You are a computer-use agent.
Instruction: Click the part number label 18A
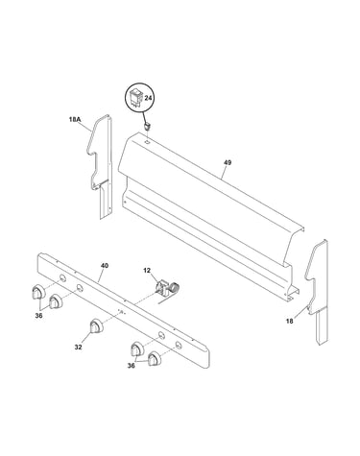click(x=75, y=120)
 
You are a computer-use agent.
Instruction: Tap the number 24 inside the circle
click(x=148, y=98)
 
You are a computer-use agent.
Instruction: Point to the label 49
click(x=228, y=162)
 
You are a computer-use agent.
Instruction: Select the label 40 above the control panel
click(x=105, y=266)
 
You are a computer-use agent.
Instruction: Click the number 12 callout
click(x=147, y=271)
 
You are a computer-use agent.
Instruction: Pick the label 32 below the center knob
click(x=78, y=347)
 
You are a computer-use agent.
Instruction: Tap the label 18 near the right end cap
click(x=289, y=321)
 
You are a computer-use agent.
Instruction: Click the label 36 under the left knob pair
click(x=38, y=316)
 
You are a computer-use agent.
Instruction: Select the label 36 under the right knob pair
click(x=131, y=366)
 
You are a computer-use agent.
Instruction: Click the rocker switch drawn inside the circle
click(x=135, y=97)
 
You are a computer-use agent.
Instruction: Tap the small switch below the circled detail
click(x=148, y=127)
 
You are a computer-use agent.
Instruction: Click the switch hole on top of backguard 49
click(x=147, y=140)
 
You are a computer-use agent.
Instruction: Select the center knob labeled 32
click(x=96, y=326)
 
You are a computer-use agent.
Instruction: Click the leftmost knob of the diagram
click(x=38, y=291)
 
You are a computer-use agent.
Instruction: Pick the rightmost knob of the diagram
click(x=155, y=358)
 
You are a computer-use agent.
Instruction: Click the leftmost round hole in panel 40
click(x=63, y=278)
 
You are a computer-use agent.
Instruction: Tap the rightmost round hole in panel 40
click(x=178, y=345)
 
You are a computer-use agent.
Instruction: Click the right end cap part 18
click(x=317, y=292)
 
